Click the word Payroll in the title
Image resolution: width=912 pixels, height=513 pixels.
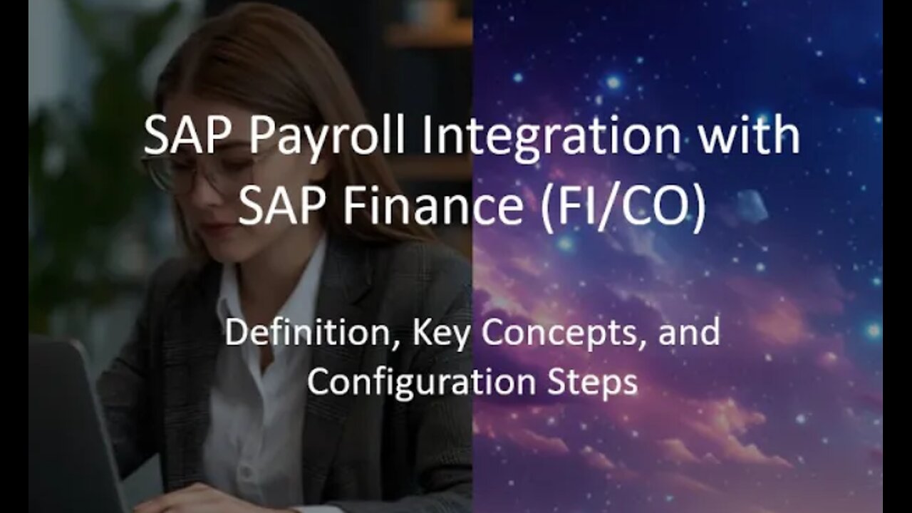point(326,138)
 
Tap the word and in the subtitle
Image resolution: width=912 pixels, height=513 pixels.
point(689,332)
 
